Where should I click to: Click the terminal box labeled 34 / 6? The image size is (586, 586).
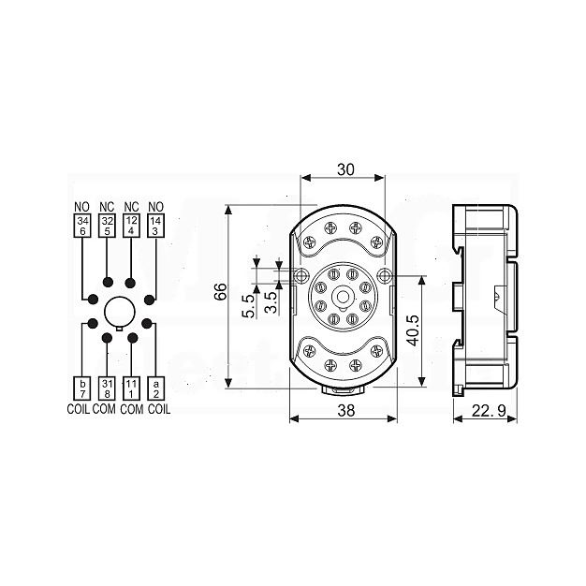(x=82, y=226)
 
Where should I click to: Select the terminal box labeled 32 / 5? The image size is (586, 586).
(x=108, y=226)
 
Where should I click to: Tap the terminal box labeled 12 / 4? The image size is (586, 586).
(x=131, y=226)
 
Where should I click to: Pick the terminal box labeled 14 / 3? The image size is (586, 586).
(x=155, y=226)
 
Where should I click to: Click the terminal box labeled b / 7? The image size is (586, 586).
(x=83, y=388)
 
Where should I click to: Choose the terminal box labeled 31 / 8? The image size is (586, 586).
(x=108, y=388)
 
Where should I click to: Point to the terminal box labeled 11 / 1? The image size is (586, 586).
(x=131, y=388)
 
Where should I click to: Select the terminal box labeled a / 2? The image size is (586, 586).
(x=156, y=388)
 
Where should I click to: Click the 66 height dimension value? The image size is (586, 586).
(x=221, y=291)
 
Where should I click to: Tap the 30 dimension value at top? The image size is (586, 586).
(x=345, y=169)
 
